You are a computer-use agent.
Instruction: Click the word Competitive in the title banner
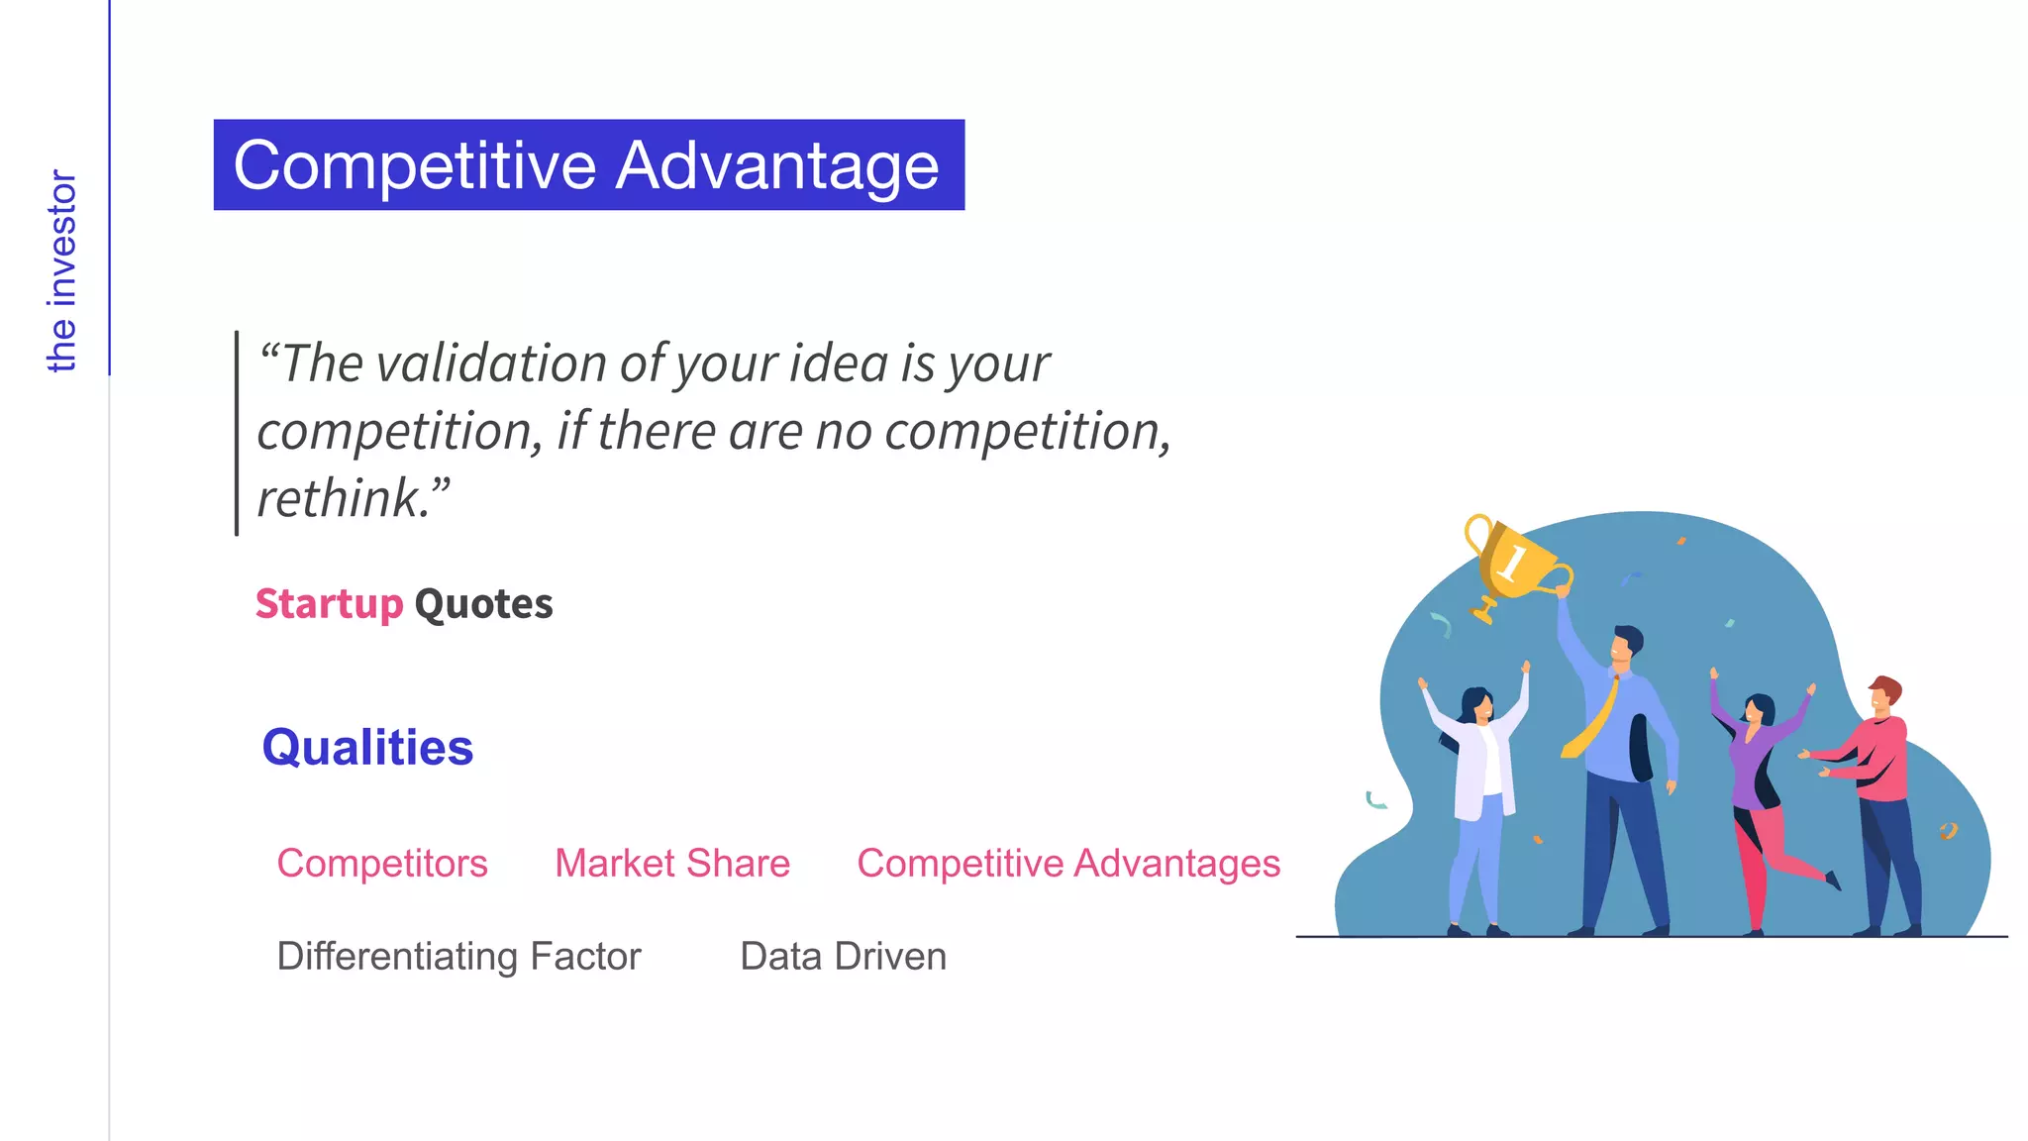click(414, 165)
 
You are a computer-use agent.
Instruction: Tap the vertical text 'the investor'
click(61, 271)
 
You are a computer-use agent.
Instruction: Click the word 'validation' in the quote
click(492, 363)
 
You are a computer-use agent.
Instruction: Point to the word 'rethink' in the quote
click(341, 498)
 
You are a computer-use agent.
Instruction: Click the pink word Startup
click(329, 604)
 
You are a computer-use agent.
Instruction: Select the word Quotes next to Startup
click(483, 604)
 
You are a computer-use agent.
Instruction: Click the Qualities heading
click(367, 748)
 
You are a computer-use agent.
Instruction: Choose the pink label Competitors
click(382, 864)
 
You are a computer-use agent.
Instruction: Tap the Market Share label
click(672, 864)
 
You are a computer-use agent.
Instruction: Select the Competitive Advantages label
click(1068, 864)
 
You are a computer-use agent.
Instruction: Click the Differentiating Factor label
click(458, 957)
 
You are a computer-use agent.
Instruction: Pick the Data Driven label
click(843, 957)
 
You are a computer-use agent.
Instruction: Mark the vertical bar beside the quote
click(237, 433)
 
